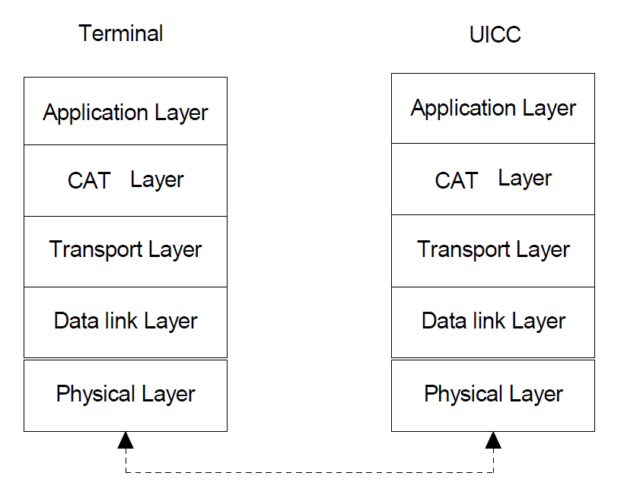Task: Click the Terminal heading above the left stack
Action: coord(121,33)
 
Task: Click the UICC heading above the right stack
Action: coord(495,35)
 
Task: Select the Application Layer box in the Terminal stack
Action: coord(126,112)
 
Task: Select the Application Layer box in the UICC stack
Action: coord(493,108)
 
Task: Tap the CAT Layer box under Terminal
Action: coord(126,180)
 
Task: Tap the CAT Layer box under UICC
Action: coord(493,179)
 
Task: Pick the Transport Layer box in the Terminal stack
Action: coord(126,251)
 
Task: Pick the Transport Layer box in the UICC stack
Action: coord(493,251)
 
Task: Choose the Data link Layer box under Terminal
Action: coord(126,322)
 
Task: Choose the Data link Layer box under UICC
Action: coord(493,322)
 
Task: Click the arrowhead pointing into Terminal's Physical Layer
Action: coord(126,440)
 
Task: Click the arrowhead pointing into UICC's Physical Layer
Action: coord(493,440)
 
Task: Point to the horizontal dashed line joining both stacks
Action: coord(310,473)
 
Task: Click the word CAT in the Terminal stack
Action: coord(89,181)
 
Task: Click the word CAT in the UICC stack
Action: coord(457,181)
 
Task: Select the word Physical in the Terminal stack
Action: coord(91,395)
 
